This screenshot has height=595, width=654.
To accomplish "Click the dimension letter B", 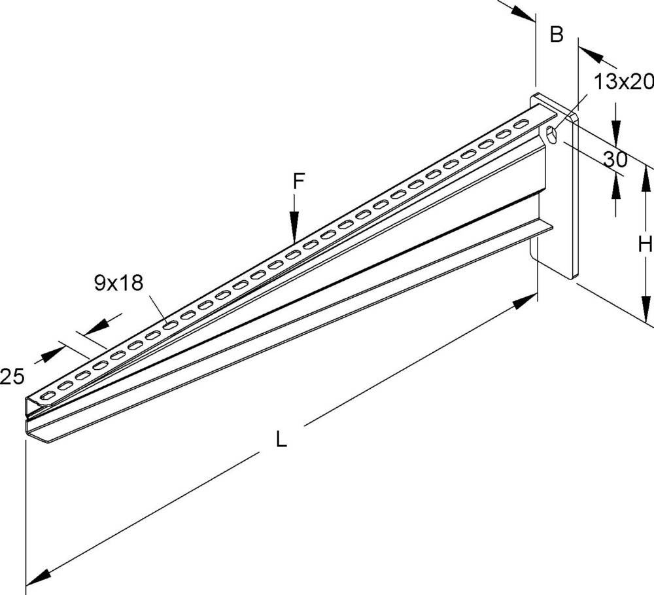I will tap(556, 35).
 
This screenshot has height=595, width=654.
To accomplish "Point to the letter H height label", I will tap(645, 245).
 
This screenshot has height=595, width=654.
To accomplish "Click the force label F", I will tap(298, 182).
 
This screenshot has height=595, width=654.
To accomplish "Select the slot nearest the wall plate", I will tap(521, 124).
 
